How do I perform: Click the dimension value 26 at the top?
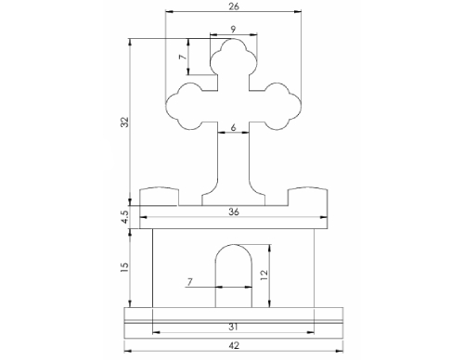(232, 6)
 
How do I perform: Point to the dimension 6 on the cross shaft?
(232, 127)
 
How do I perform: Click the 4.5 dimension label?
(124, 217)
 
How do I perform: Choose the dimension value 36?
(232, 212)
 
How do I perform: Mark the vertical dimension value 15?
(124, 266)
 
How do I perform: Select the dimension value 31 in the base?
(232, 326)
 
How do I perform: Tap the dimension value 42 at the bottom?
(232, 346)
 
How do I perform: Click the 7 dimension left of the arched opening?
(190, 281)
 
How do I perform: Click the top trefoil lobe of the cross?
(232, 60)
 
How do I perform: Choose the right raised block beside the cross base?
(307, 197)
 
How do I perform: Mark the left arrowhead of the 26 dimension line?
(168, 12)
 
